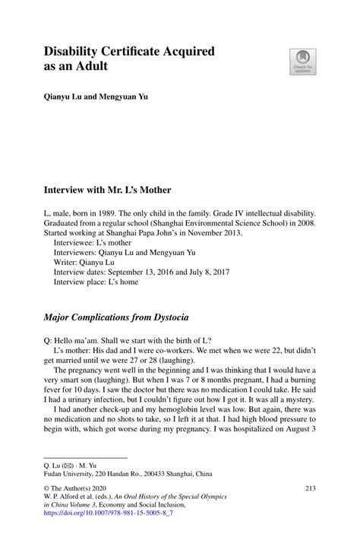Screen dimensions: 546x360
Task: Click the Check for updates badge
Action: coord(303,61)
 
